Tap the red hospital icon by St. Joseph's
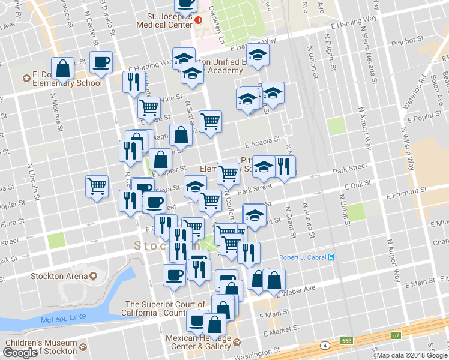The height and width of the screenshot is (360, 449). (199, 18)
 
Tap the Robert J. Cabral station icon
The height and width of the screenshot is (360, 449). (330, 257)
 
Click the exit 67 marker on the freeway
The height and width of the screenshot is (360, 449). (396, 335)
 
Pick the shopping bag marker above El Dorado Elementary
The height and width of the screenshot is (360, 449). (63, 69)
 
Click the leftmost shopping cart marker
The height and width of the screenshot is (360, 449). (97, 187)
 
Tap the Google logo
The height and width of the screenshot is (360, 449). (20, 353)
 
